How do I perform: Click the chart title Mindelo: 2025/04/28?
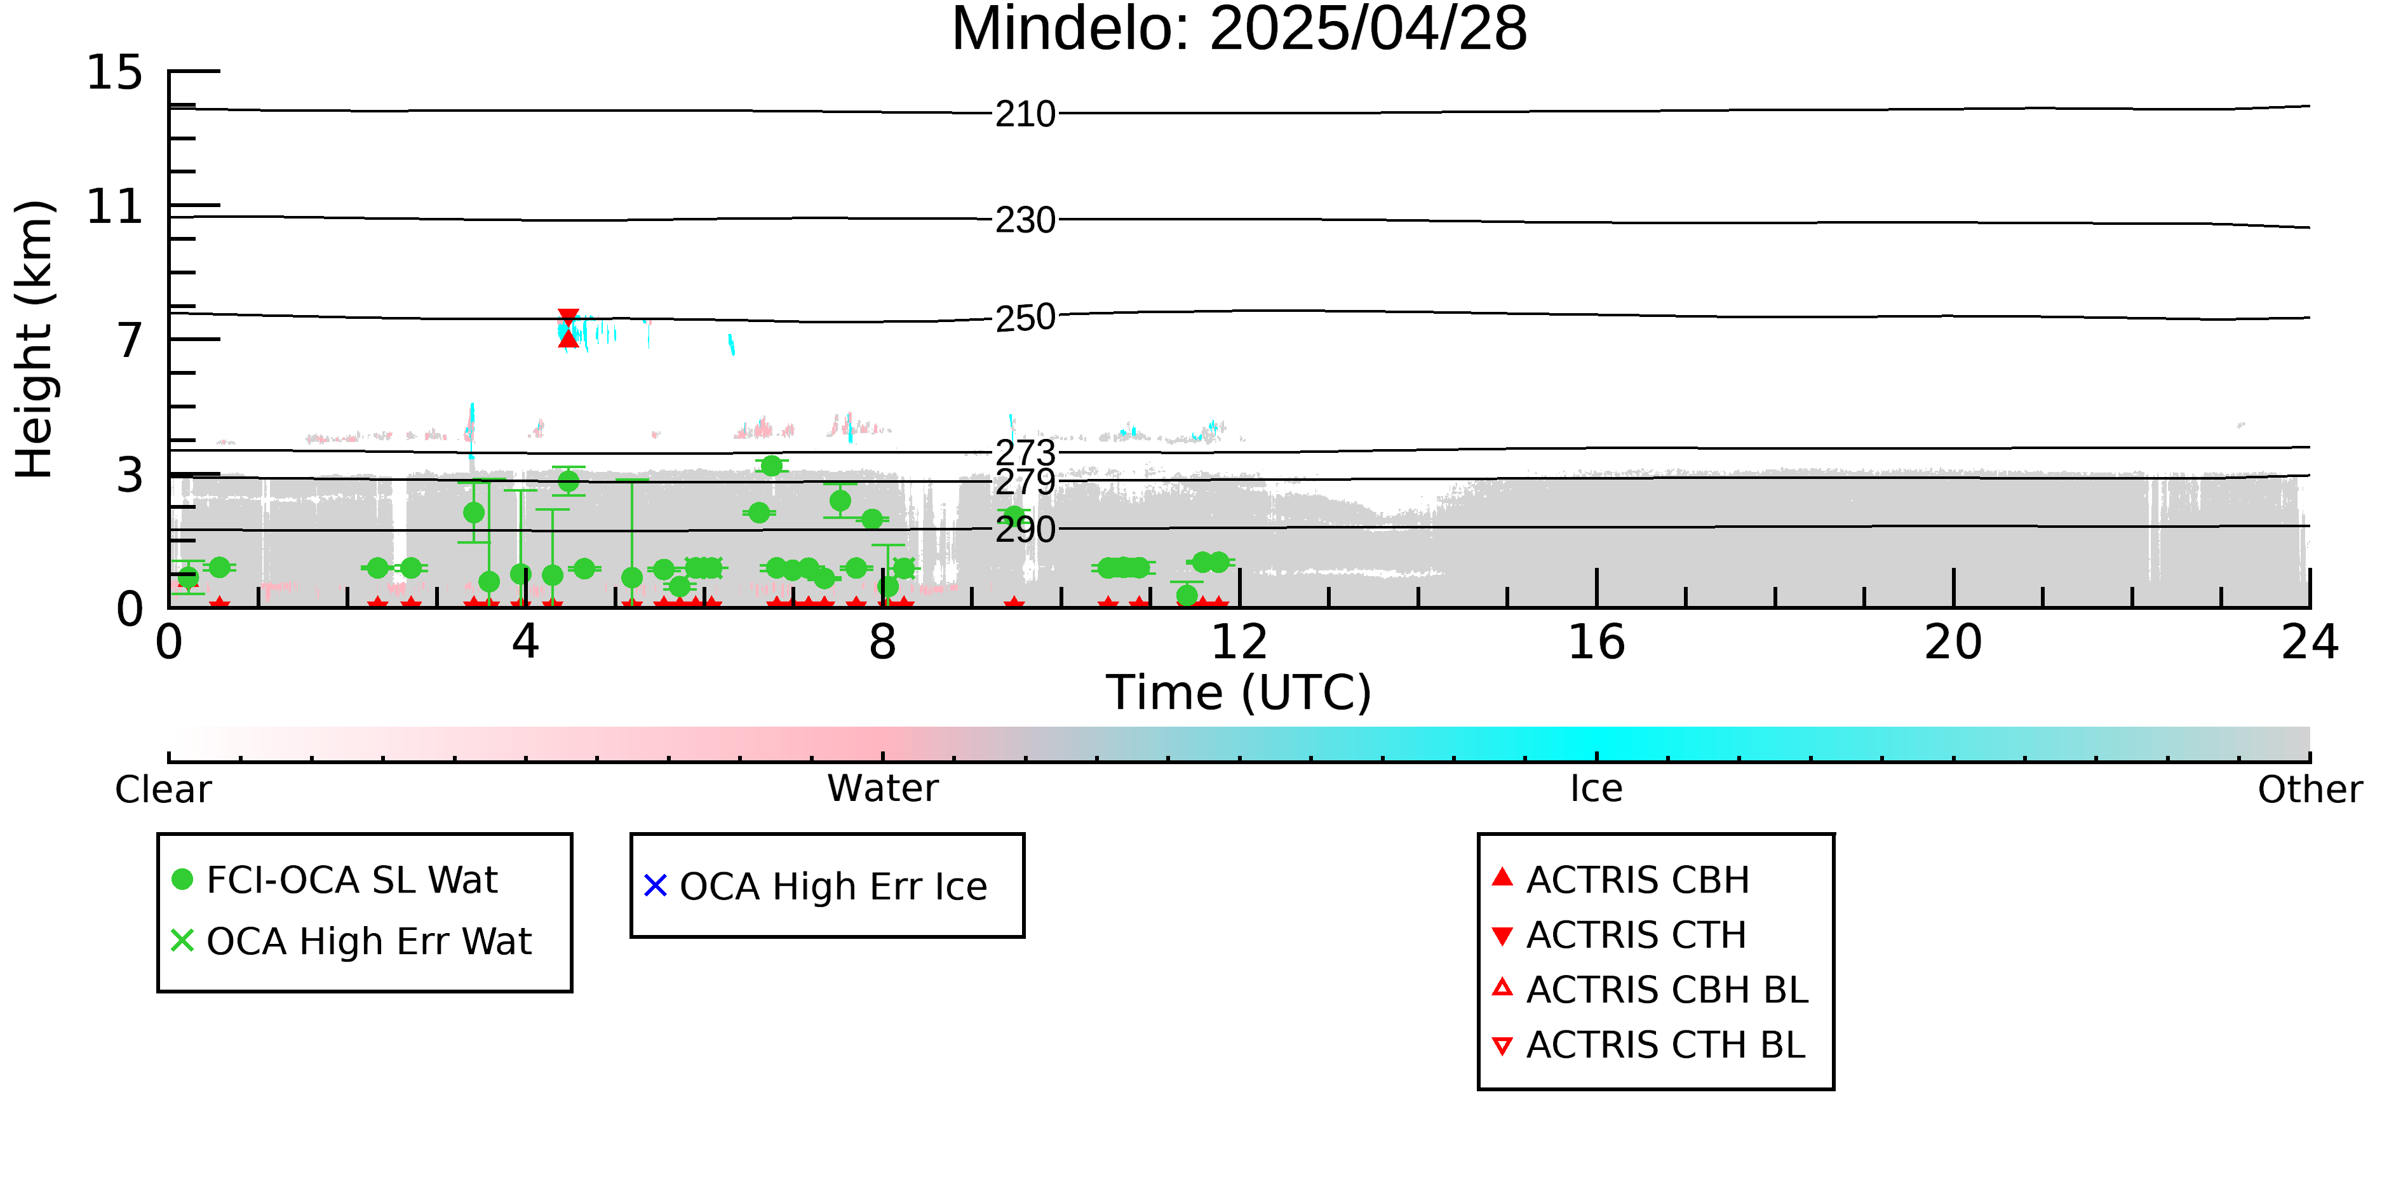click(1239, 30)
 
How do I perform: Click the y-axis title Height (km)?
click(34, 339)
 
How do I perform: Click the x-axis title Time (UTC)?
click(1239, 692)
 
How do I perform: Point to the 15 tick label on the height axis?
click(115, 72)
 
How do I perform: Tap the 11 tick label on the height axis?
click(115, 206)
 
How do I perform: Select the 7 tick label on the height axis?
click(130, 340)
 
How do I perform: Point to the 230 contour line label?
click(1025, 220)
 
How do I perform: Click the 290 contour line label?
click(1025, 530)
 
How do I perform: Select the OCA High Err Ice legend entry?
click(816, 886)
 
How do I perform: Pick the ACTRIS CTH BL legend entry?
click(1649, 1045)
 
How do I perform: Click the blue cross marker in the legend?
click(656, 886)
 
